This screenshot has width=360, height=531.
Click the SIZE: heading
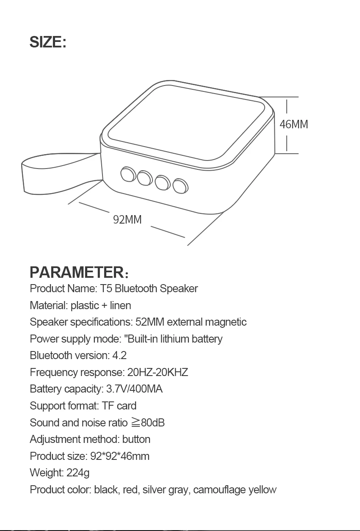tap(48, 43)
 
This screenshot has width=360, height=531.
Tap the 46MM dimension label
tap(294, 124)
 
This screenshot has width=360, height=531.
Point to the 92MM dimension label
tap(127, 219)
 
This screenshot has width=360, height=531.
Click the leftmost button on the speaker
tap(127, 174)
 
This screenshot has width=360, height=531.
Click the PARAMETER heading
tap(76, 272)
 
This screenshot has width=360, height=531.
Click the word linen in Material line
tap(121, 305)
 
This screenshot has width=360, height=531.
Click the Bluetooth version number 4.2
tap(119, 356)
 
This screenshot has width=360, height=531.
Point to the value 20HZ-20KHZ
tap(158, 372)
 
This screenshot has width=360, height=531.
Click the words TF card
tap(119, 406)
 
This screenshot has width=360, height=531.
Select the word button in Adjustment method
tap(136, 440)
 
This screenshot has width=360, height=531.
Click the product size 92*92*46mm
tap(120, 456)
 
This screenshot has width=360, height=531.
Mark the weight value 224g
tap(78, 473)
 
